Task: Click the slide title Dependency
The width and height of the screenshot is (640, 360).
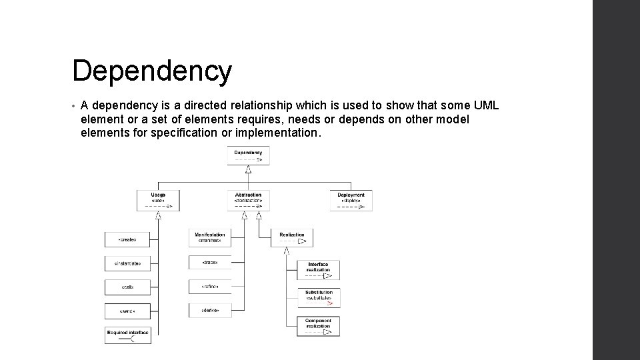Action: (152, 71)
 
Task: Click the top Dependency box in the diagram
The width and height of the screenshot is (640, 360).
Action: (248, 156)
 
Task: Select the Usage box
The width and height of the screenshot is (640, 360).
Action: (158, 200)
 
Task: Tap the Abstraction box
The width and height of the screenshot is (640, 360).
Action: (248, 200)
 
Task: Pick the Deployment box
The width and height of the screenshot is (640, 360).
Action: (351, 200)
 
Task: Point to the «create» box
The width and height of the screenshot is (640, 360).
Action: (127, 239)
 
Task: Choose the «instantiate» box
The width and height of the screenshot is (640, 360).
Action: (127, 263)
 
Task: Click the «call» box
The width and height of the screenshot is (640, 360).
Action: (127, 287)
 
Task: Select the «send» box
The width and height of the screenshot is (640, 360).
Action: (127, 311)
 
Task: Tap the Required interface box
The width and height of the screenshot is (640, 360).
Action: (127, 335)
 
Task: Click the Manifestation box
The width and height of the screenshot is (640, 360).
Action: (209, 238)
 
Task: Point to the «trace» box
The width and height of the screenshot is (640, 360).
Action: (209, 263)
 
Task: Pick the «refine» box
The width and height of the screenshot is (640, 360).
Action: (209, 287)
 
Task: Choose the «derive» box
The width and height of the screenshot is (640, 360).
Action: (209, 311)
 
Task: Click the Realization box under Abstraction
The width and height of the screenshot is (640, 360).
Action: (291, 238)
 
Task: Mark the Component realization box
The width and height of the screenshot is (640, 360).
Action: (319, 326)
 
